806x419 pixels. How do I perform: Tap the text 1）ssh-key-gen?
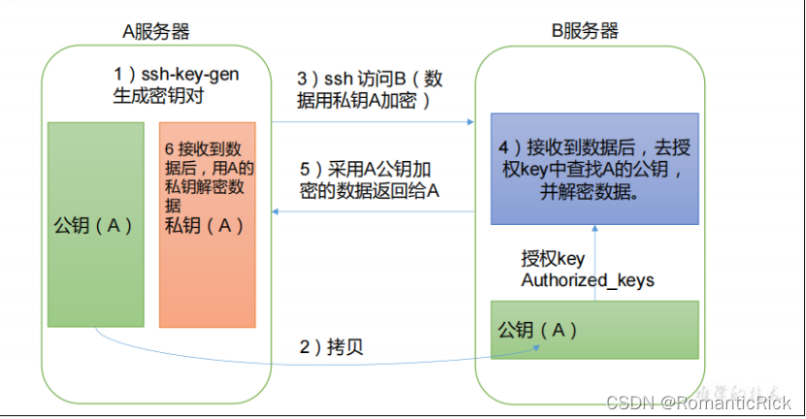pos(176,75)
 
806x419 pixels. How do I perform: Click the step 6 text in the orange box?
pos(206,175)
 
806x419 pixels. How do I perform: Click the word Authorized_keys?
pos(588,280)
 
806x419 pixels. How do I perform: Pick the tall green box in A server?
pos(94,224)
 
